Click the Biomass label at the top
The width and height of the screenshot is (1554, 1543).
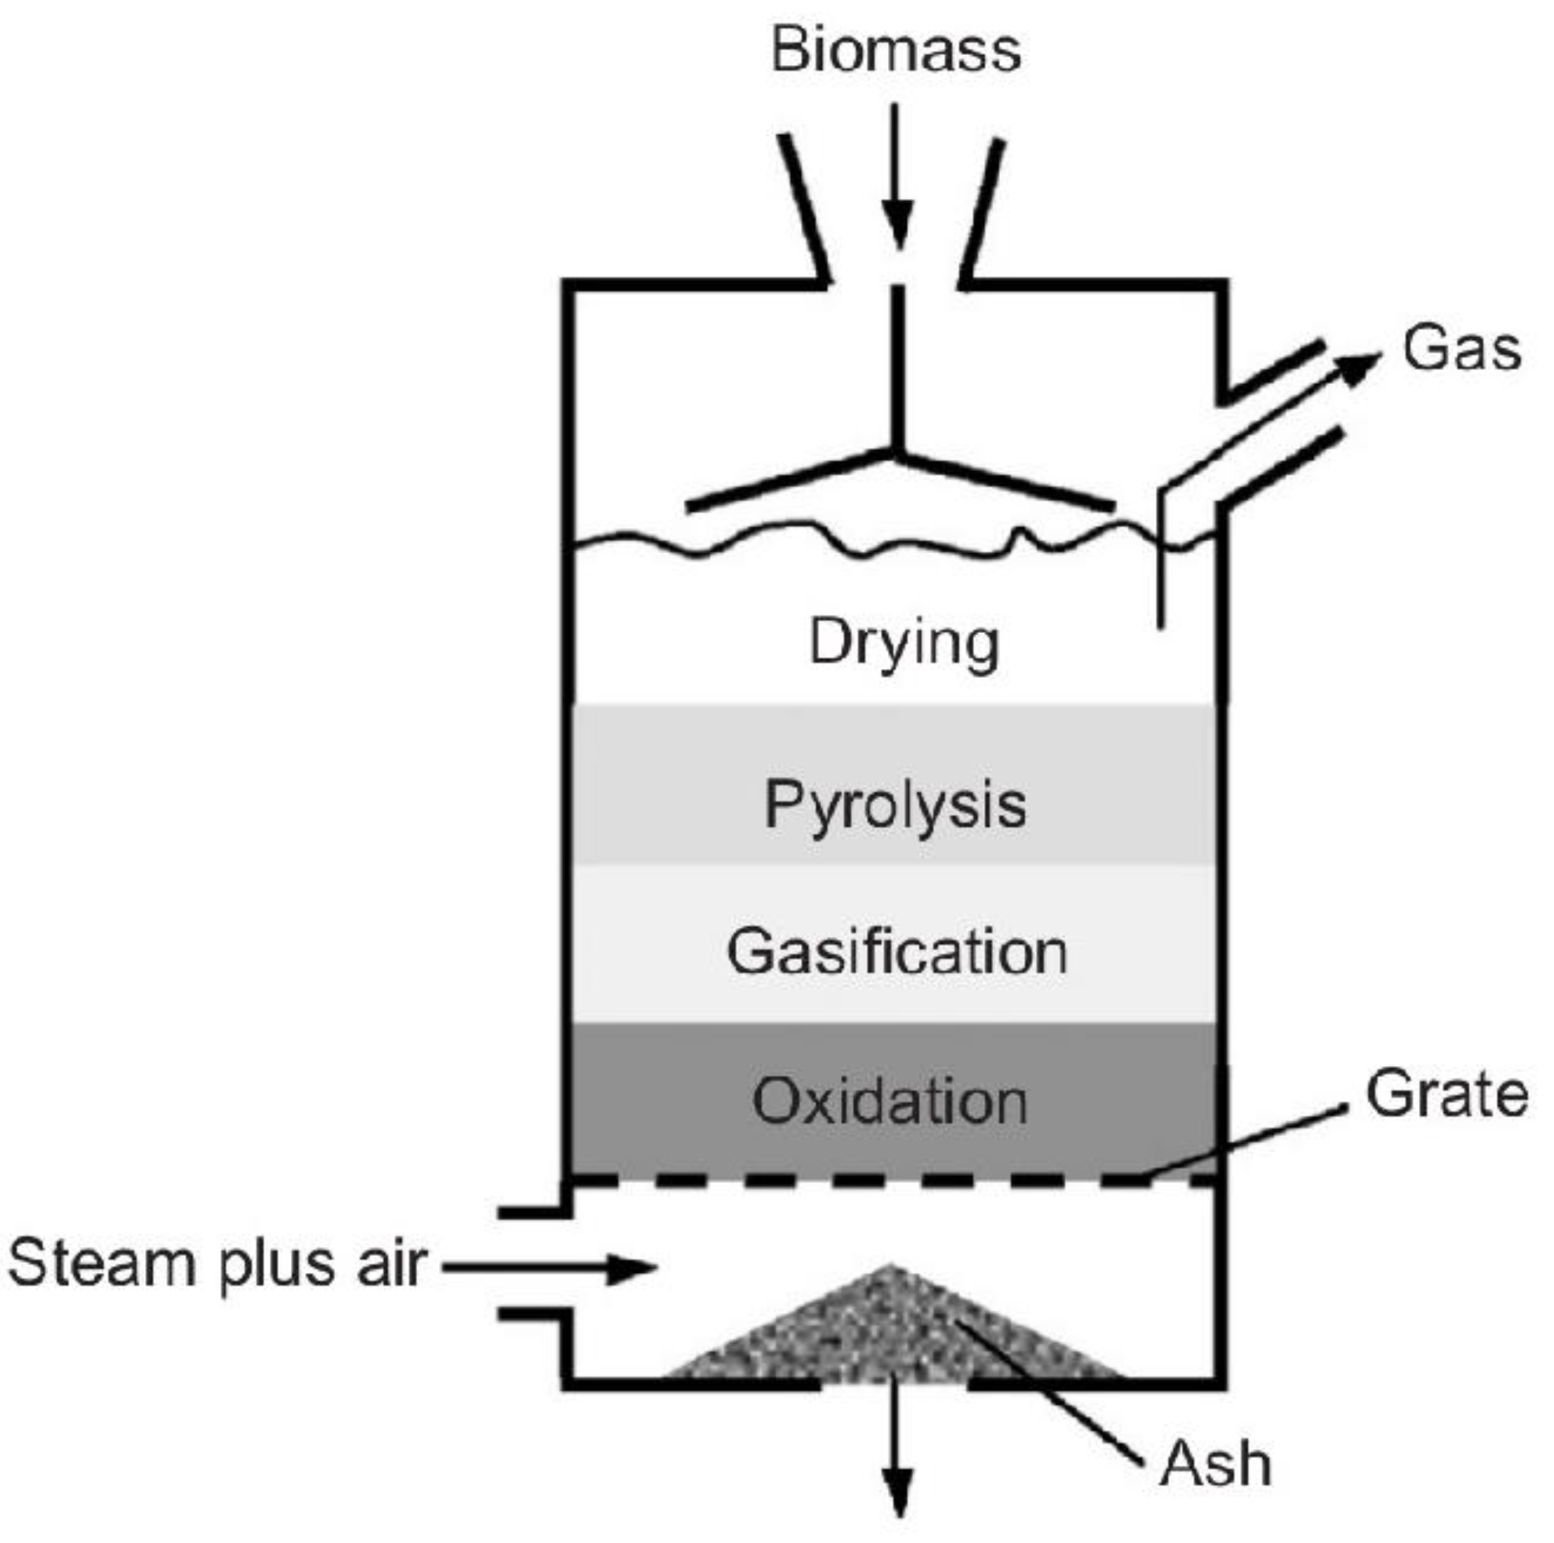pos(896,50)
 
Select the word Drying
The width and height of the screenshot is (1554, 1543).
pos(904,642)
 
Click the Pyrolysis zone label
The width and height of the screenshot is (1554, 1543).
pos(895,805)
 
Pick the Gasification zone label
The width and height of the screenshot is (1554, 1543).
pos(897,952)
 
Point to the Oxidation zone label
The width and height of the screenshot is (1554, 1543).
pos(891,1101)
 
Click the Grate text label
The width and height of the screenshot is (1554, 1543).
pos(1447,1094)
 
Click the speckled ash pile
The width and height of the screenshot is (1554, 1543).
pos(885,1335)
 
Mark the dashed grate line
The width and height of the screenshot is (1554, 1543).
pos(804,1180)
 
